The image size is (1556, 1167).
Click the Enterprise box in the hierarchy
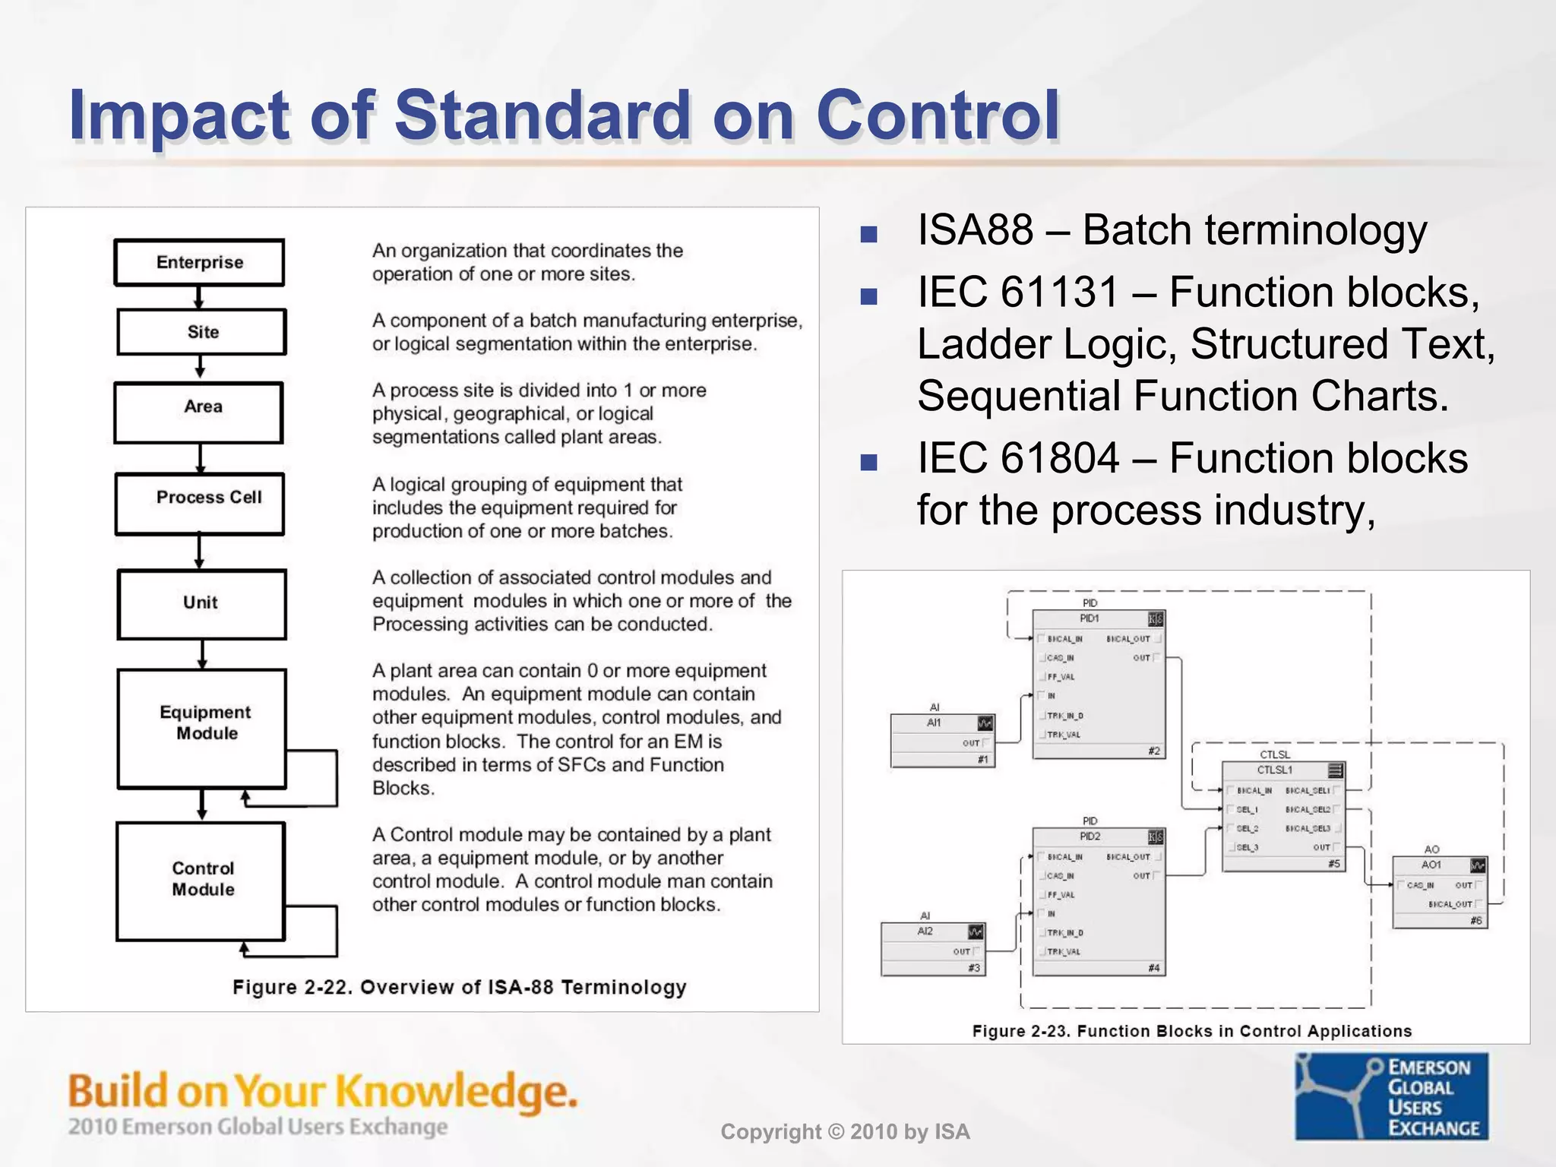click(199, 262)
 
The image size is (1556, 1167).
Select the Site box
click(202, 332)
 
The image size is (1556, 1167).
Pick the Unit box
click(201, 603)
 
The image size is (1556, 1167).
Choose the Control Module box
click(201, 880)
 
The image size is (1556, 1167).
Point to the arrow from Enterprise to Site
click(199, 297)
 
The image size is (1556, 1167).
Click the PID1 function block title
click(1090, 618)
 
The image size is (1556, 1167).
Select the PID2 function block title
click(1090, 837)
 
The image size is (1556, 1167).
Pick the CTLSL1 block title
click(1275, 770)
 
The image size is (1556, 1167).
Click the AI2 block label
click(925, 931)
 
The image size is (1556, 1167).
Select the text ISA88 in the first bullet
click(976, 230)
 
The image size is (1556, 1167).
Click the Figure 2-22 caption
click(459, 987)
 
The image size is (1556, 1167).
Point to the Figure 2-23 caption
click(1191, 1031)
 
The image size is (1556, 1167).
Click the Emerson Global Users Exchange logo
click(1391, 1096)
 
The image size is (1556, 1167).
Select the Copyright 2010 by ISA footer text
click(845, 1132)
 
